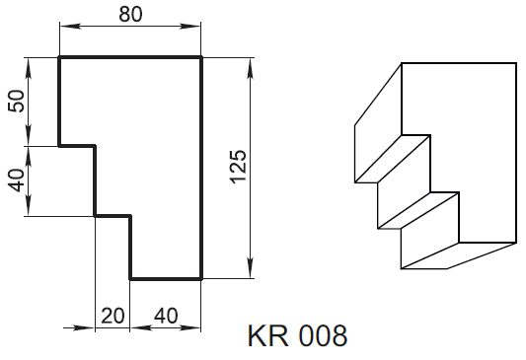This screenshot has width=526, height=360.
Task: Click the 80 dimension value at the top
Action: point(130,15)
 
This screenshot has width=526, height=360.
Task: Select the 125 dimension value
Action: point(239,167)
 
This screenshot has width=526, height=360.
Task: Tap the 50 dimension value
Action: point(17,101)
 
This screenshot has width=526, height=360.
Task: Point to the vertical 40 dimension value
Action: point(17,180)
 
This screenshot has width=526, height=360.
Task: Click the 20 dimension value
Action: point(113,316)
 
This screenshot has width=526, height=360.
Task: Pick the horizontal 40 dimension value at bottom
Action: point(166,316)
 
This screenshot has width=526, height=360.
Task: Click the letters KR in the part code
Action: point(268,335)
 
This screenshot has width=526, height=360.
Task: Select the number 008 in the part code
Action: point(323,335)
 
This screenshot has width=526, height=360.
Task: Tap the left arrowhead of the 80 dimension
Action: point(70,27)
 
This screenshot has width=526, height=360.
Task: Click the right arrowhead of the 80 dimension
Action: point(190,27)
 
